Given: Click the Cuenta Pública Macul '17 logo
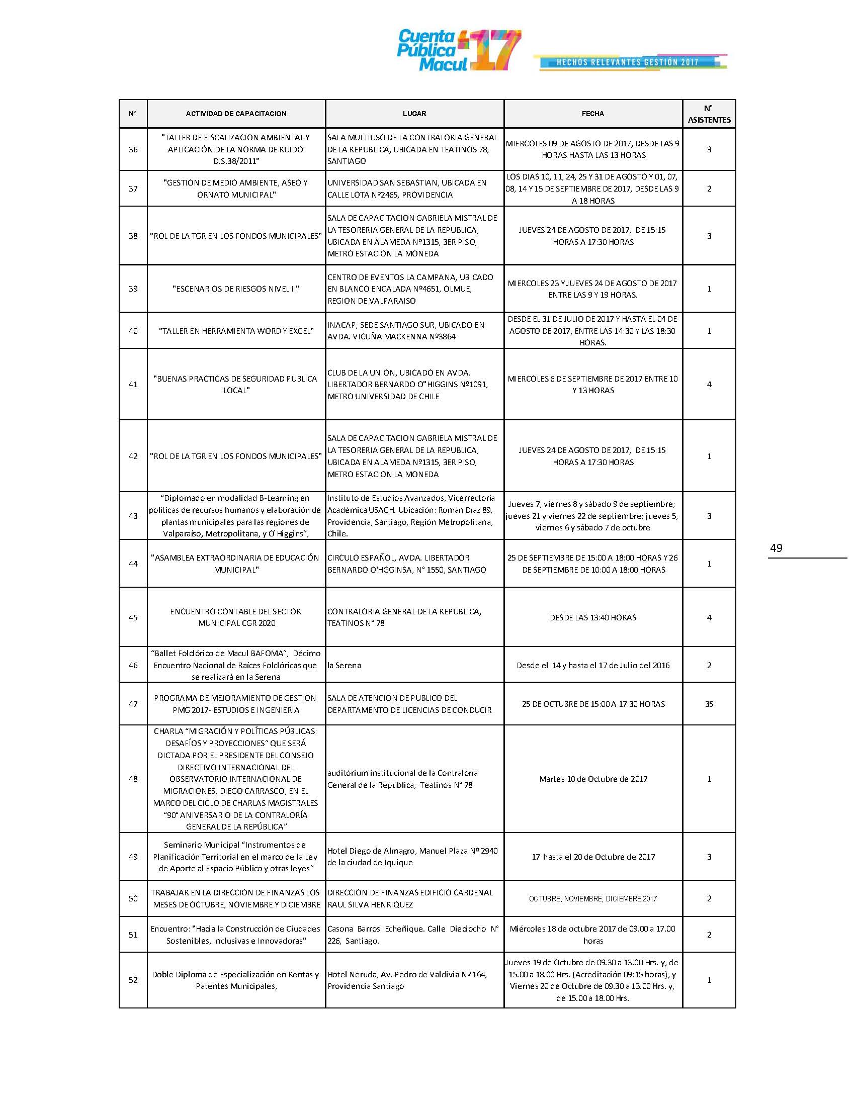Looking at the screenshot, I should tap(458, 50).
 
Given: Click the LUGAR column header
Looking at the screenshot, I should tap(414, 114).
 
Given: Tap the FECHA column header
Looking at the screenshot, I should tap(592, 114).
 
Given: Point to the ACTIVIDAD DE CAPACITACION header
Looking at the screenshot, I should tap(236, 114).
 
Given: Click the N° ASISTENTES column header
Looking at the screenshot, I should tap(709, 114).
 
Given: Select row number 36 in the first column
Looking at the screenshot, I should tap(133, 149).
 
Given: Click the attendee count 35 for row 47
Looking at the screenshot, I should tap(709, 704).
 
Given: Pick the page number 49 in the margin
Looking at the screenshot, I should tap(776, 548).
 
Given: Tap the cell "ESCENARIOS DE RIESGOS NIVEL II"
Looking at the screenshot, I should tap(236, 289).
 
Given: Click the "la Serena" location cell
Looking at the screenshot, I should tap(345, 665).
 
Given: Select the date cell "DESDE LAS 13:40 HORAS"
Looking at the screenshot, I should tap(592, 617).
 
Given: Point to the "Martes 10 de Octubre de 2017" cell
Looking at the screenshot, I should tap(592, 779).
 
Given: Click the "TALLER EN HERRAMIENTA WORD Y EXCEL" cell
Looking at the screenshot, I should tap(236, 331).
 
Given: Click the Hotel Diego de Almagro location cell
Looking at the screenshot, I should tap(412, 857).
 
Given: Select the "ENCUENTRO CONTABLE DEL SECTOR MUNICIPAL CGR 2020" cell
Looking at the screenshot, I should tap(236, 617).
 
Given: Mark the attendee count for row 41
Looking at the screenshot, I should tap(709, 385).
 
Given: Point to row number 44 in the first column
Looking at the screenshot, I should tap(133, 564).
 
